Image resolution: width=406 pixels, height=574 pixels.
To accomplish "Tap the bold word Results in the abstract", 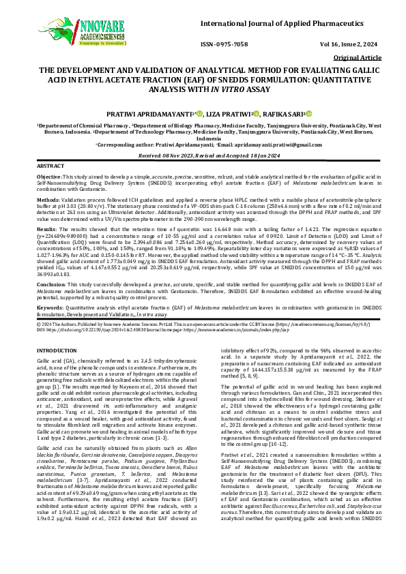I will [47, 231].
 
